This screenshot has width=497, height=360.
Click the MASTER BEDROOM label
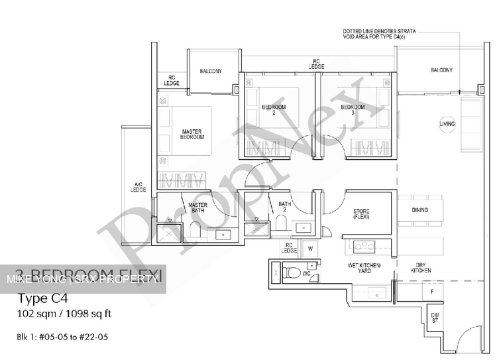192,134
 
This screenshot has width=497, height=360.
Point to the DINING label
419,210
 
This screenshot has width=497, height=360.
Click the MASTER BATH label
198,208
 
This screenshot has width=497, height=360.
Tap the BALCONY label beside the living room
441,70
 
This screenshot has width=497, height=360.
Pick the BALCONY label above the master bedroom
211,71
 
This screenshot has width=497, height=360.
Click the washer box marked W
309,249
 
